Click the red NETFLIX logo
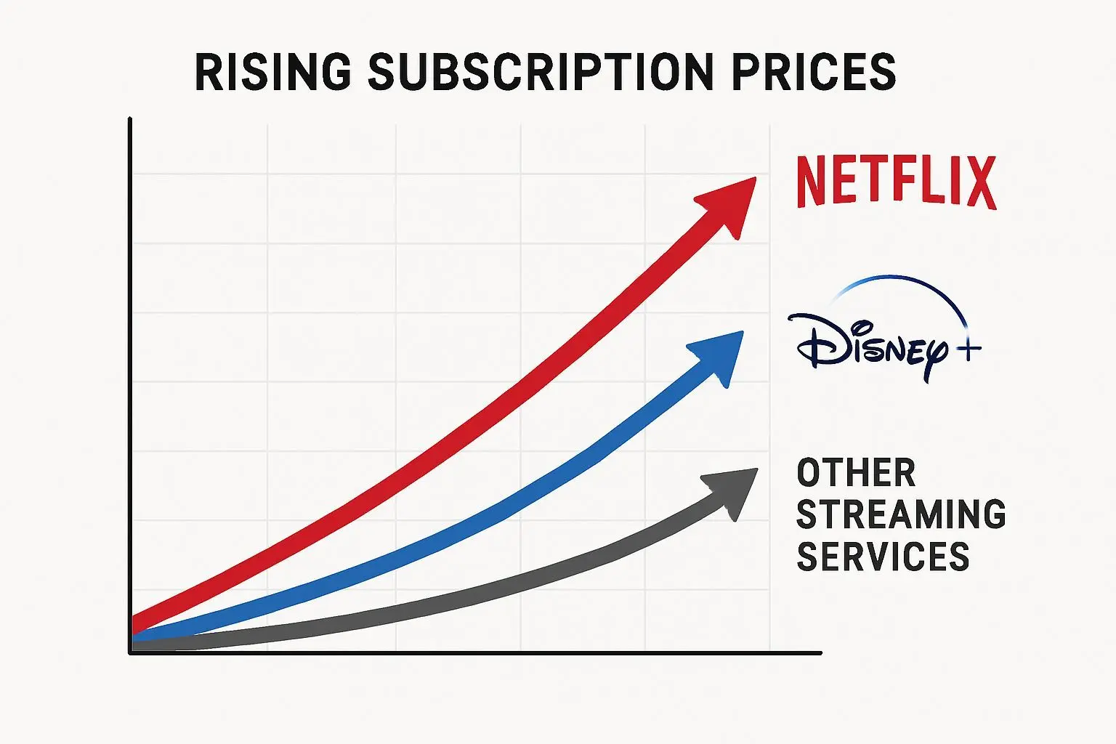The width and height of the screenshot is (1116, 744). (897, 182)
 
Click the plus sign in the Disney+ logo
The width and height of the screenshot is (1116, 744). (967, 350)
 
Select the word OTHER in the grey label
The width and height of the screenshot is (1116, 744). (856, 474)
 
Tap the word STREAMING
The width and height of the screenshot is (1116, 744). (901, 515)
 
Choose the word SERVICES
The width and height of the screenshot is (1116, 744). (883, 557)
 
